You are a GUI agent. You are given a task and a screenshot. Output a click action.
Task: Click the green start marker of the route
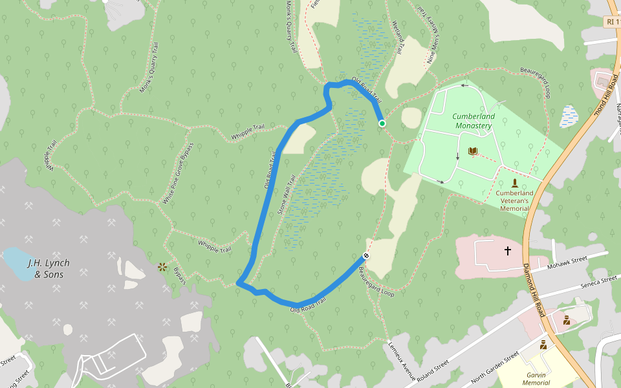pos(382,124)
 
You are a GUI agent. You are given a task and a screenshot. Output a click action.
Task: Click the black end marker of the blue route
pos(366,255)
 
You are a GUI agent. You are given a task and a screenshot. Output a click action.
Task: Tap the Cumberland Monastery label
pos(473,121)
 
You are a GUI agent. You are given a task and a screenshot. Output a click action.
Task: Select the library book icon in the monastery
pos(473,152)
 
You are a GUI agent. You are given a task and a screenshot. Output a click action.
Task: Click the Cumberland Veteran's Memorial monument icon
pos(514,182)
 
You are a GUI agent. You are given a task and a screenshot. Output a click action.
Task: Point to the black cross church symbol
pos(508,250)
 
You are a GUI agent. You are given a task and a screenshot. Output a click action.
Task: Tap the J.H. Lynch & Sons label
pos(49,268)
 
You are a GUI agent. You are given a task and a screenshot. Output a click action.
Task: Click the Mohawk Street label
pos(566,261)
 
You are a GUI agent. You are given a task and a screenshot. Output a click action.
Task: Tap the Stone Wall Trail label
pos(287,195)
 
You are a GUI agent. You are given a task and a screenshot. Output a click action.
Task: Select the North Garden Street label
pos(496,366)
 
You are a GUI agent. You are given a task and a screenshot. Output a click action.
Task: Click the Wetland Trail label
pos(399,36)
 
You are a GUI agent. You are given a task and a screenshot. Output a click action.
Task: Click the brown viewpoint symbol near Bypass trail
pos(162,266)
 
